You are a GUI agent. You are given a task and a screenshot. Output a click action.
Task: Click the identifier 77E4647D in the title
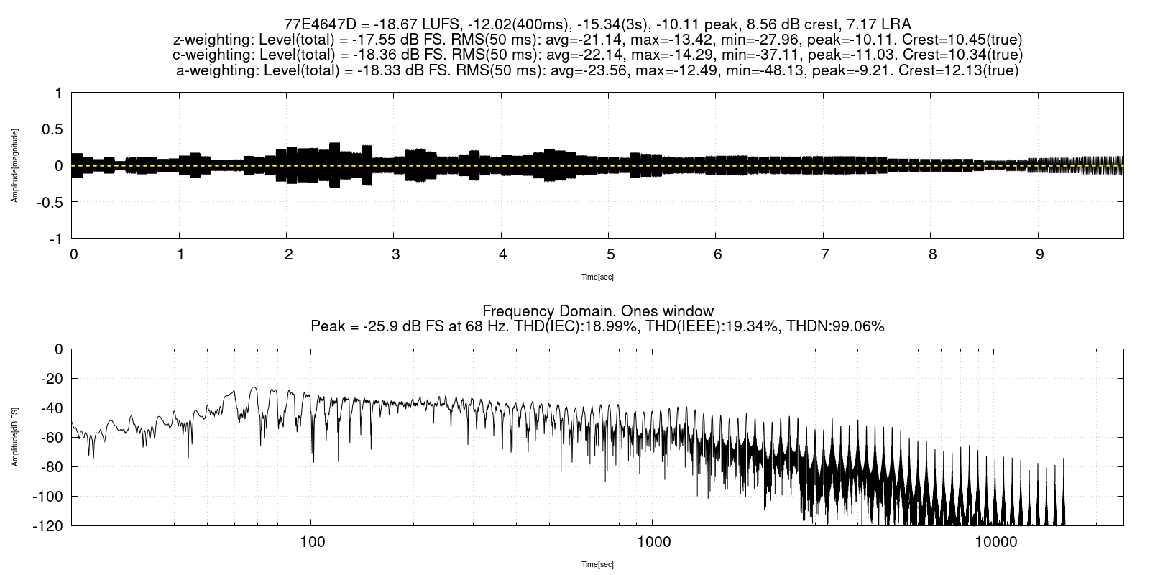[x=316, y=24]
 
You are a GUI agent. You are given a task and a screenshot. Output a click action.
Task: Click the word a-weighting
[x=213, y=71]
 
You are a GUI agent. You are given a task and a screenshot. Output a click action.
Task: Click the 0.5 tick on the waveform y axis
[x=52, y=129]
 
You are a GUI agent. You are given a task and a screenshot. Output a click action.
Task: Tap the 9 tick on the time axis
[x=1039, y=255]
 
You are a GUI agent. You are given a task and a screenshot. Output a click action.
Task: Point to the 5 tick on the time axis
[x=610, y=255]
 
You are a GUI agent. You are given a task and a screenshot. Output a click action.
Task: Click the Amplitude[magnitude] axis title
[x=14, y=165]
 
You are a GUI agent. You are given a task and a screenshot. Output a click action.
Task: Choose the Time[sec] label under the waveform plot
[x=597, y=277]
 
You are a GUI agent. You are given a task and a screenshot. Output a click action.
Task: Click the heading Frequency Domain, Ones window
[x=597, y=311]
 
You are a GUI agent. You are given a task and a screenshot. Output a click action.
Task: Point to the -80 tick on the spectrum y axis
[x=49, y=467]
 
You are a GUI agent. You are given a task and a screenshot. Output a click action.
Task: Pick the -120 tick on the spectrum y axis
[x=46, y=526]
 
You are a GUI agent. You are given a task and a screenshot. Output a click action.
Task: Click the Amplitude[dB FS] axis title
[x=14, y=437]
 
